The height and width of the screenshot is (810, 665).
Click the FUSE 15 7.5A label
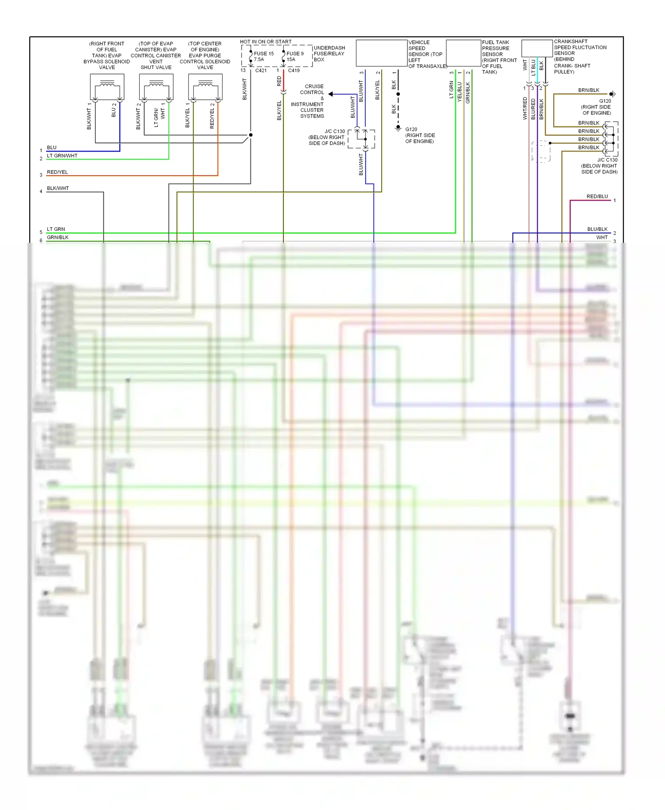coord(263,56)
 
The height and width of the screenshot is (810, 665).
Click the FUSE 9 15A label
coord(295,56)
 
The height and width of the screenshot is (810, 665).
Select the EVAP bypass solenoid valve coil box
coord(107,86)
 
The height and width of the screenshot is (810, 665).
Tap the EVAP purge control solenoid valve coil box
coord(205,86)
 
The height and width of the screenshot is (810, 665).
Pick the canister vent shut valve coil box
coord(156,86)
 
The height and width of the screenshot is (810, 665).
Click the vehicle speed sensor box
coord(381,53)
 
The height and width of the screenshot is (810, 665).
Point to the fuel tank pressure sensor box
coord(463,53)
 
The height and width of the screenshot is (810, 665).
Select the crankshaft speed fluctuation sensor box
coord(537,48)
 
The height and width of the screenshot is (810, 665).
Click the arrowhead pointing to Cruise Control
coord(331,94)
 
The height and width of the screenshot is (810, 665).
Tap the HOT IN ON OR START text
coord(266,42)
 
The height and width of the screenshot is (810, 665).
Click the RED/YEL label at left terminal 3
coord(57,172)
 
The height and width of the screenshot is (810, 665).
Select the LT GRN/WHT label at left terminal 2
coord(62,156)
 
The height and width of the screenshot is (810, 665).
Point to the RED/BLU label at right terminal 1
coord(597,196)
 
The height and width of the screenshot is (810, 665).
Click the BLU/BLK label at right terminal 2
coord(597,229)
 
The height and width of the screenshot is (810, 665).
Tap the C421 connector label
coord(261,70)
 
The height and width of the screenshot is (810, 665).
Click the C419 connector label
coord(293,70)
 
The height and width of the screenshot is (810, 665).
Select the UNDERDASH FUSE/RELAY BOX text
coord(329,54)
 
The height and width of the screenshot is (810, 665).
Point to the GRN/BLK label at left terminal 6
coord(58,237)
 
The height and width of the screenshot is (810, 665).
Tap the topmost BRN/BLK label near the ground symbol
coord(588,90)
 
